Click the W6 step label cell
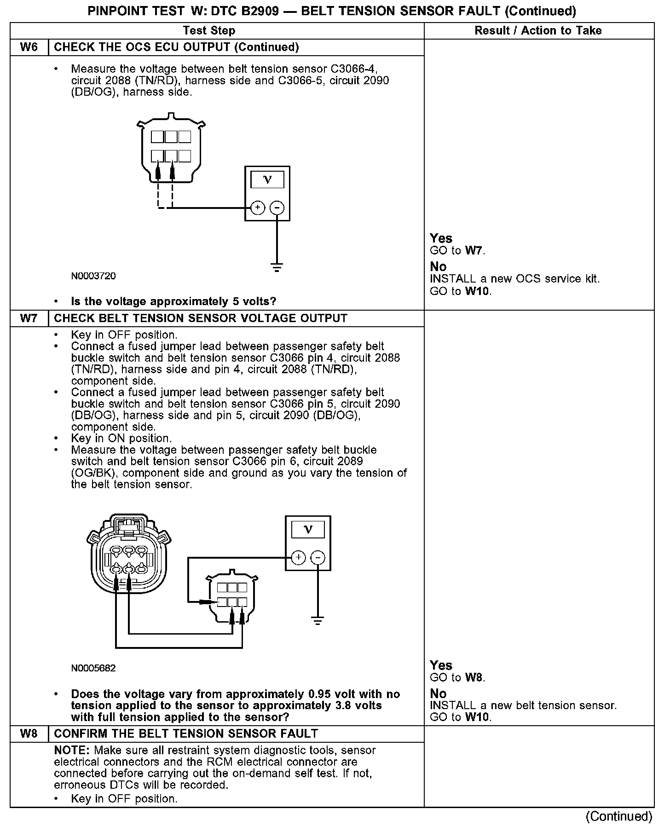click(x=29, y=47)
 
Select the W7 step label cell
click(x=29, y=318)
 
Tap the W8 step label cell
click(x=29, y=734)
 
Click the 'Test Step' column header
click(x=209, y=31)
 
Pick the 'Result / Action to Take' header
click(x=538, y=31)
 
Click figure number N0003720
click(x=93, y=276)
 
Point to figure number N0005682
click(x=93, y=668)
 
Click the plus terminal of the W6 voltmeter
click(x=258, y=208)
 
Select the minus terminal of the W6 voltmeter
click(x=277, y=208)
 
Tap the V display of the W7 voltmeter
click(x=308, y=530)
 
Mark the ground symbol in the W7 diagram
click(x=318, y=620)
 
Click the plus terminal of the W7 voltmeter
click(x=299, y=558)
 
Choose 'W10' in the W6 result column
click(x=478, y=291)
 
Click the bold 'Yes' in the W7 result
click(x=441, y=665)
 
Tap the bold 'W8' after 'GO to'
click(x=475, y=677)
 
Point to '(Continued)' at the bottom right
click(x=619, y=816)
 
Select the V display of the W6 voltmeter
click(x=267, y=179)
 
